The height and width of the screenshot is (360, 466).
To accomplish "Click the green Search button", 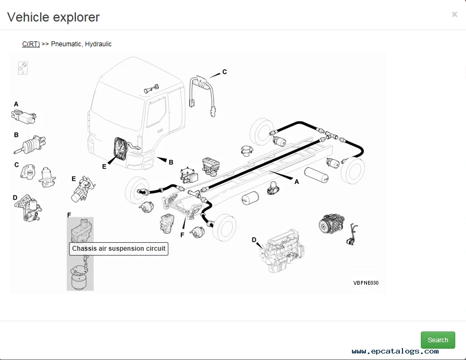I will [437, 340].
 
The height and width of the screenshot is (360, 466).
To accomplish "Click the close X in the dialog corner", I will [454, 15].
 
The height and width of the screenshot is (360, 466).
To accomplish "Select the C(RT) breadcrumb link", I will [31, 44].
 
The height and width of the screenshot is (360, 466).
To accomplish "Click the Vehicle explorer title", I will [53, 17].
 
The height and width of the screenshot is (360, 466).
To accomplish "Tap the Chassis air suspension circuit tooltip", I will [119, 249].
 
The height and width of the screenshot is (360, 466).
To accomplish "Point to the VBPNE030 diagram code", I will [365, 283].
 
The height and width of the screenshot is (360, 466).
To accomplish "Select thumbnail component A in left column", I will [23, 115].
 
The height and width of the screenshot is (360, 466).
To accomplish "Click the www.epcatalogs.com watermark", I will [395, 351].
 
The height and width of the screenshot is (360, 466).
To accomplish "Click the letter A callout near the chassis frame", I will [296, 182].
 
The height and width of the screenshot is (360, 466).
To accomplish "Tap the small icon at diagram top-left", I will [23, 68].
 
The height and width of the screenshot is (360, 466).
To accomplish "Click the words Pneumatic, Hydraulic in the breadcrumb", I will [81, 44].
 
